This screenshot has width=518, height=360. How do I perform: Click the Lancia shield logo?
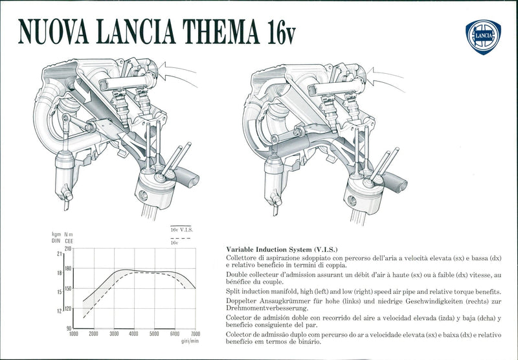[484, 36]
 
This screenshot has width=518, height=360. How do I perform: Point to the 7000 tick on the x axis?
[195, 334]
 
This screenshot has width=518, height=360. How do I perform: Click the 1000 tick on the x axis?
[73, 334]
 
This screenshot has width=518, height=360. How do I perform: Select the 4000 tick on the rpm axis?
[133, 334]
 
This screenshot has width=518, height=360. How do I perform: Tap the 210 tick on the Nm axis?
[67, 249]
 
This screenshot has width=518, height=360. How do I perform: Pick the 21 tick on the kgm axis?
[59, 254]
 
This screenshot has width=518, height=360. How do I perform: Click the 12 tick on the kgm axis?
[59, 311]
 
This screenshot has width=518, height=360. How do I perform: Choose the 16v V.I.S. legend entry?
[181, 230]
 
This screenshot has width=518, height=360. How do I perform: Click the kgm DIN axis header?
[56, 237]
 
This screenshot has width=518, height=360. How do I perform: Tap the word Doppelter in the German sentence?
[243, 302]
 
